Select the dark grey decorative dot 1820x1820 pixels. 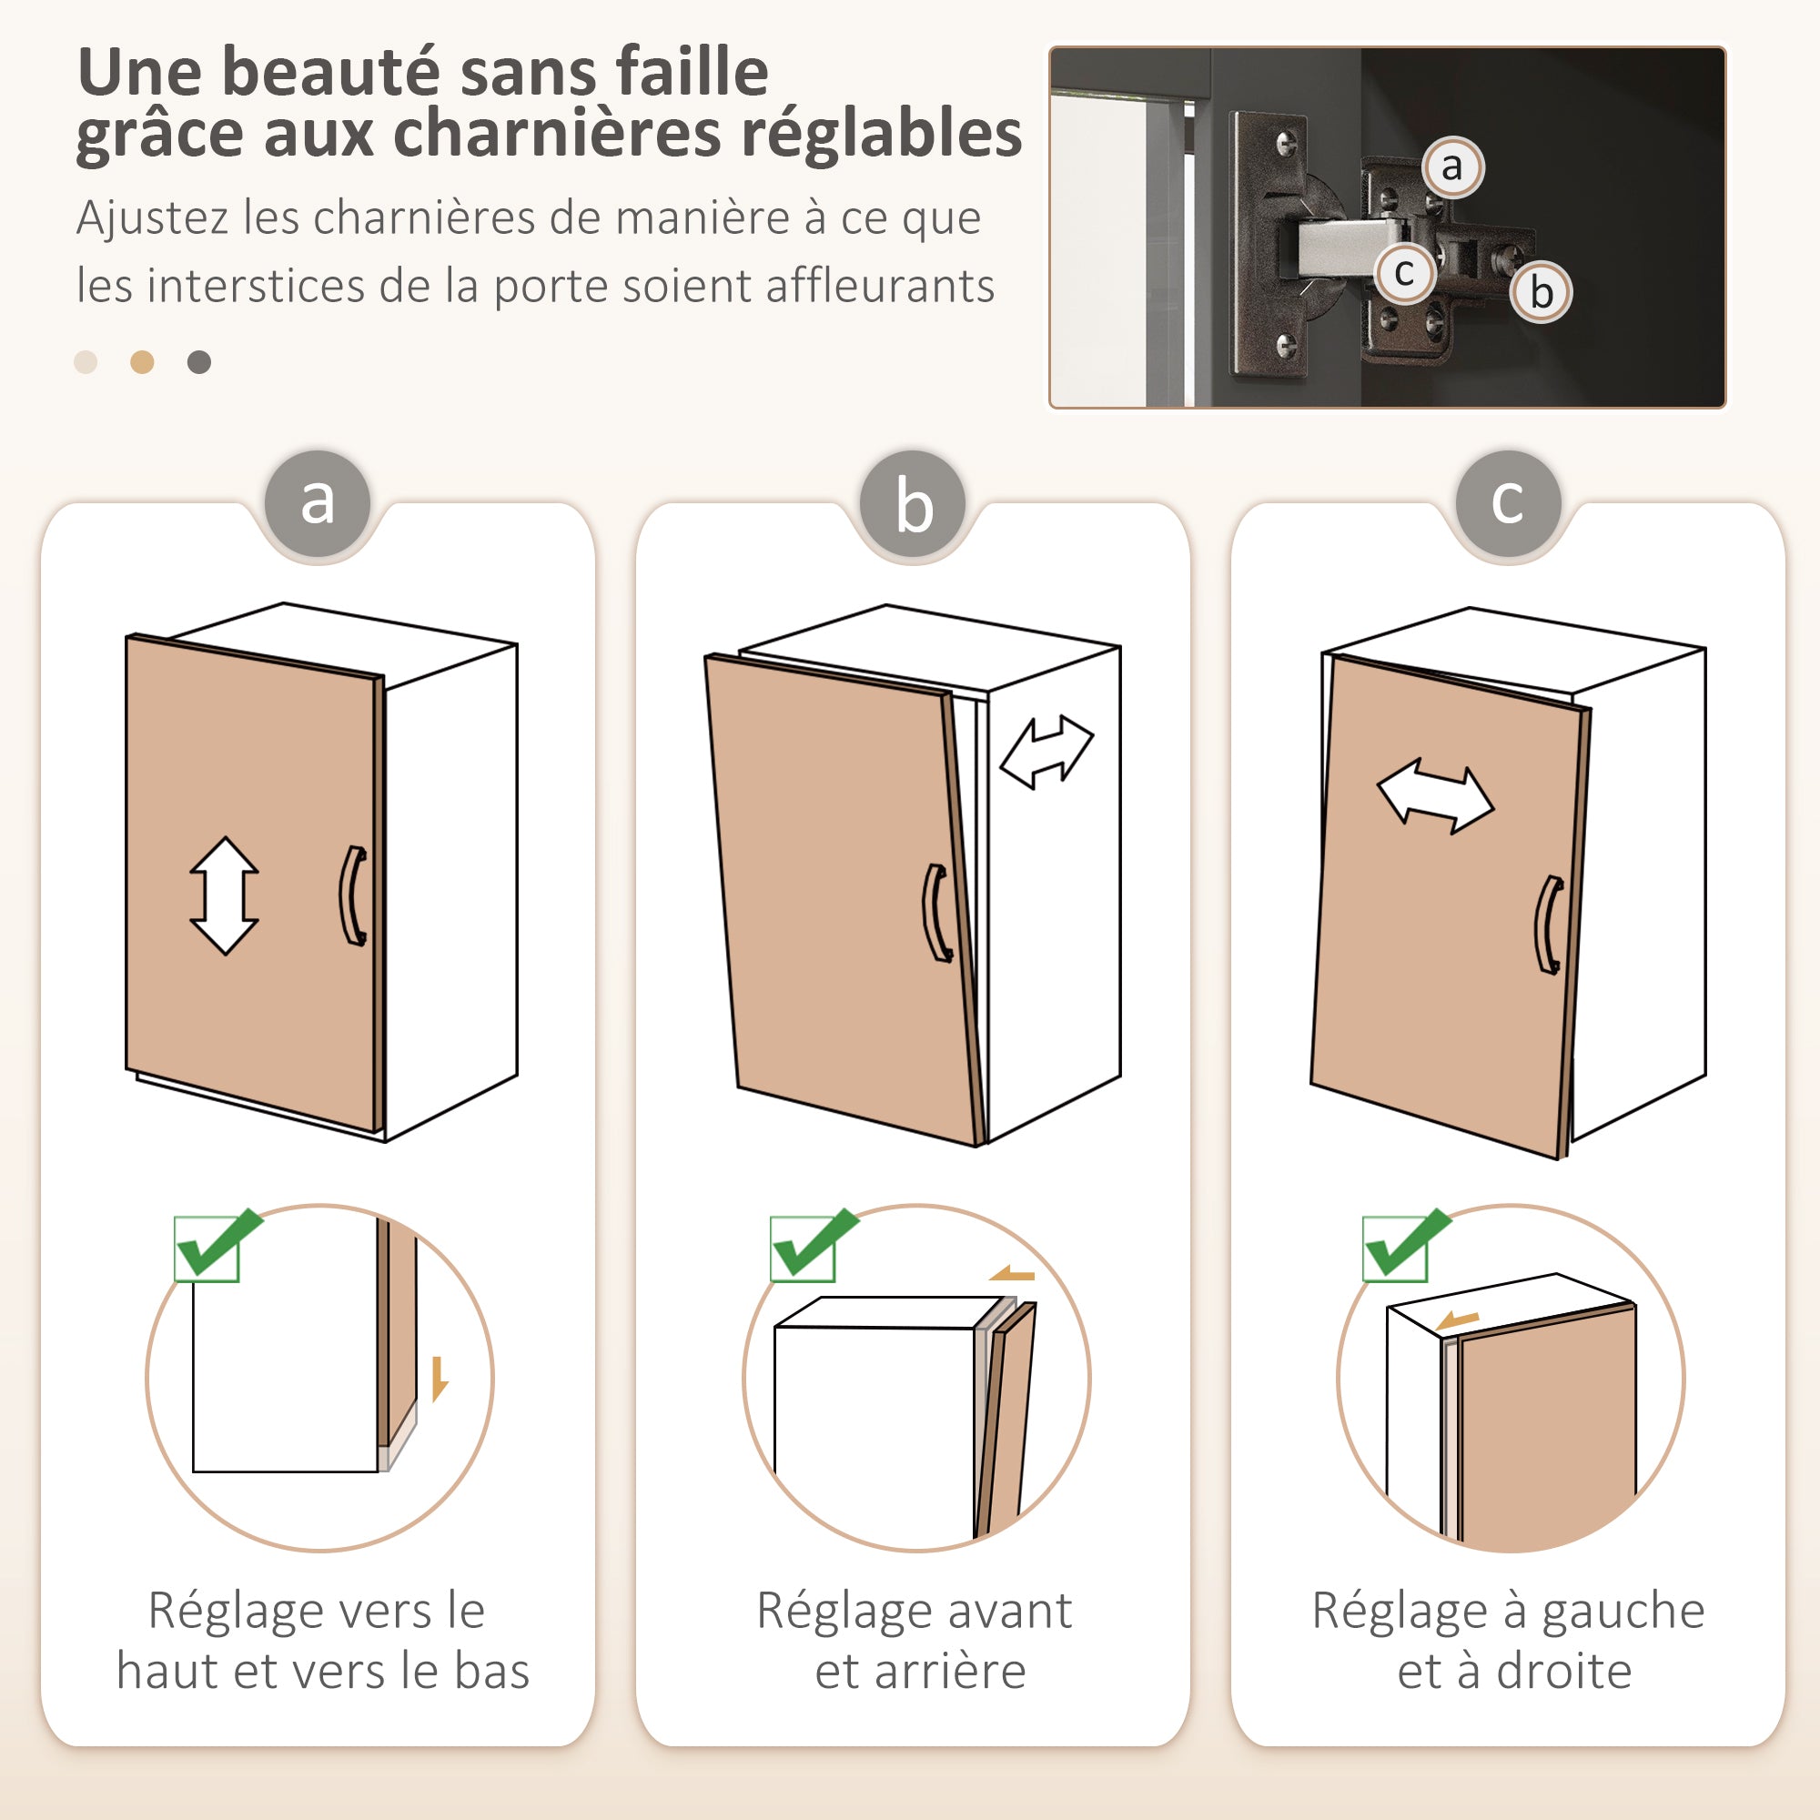coord(198,362)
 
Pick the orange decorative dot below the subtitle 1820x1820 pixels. coord(142,362)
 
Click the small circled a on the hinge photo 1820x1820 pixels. coord(1451,167)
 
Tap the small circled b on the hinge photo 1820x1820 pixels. coord(1542,292)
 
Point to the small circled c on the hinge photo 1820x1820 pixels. coord(1403,273)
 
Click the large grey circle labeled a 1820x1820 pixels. coord(318,502)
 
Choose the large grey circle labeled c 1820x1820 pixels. coord(1507,502)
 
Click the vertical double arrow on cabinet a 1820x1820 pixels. coord(224,895)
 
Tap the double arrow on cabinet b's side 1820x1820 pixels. coord(1046,751)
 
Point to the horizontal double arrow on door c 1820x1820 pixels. coord(1435,797)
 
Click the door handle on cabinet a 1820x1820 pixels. coord(353,895)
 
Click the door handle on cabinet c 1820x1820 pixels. coord(1550,925)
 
